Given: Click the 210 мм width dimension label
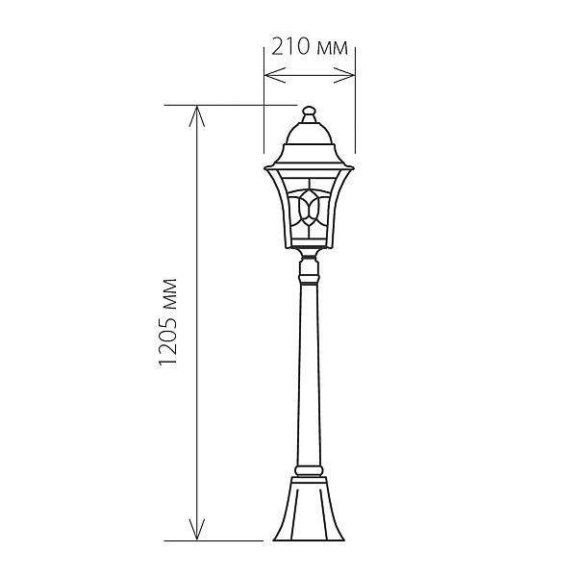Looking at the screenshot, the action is tap(310, 47).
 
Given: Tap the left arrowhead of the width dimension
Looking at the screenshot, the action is tap(275, 75).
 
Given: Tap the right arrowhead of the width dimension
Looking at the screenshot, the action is tap(344, 75).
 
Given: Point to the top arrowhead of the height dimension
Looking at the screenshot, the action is tap(197, 116).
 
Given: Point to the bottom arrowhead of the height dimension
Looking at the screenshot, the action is tap(197, 530).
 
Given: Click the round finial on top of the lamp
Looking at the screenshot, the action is tap(309, 111).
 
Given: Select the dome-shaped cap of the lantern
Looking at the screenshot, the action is tap(309, 135).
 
